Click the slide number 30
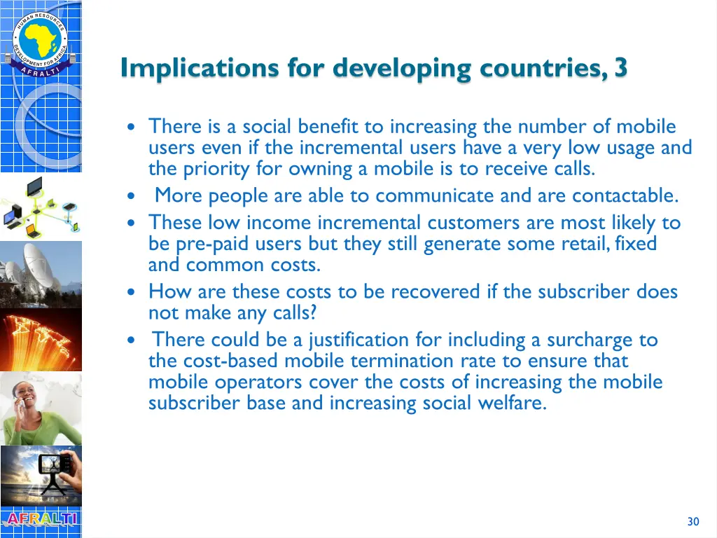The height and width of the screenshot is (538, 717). coord(693,521)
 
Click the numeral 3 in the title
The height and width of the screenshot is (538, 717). coord(620,68)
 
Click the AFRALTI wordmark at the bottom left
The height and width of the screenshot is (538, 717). coord(41,519)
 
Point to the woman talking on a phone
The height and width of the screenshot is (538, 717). coord(41,408)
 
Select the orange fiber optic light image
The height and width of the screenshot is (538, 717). coord(41,340)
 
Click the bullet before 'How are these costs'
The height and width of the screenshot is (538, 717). coord(132,292)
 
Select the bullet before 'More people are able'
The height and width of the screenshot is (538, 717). coord(132,196)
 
